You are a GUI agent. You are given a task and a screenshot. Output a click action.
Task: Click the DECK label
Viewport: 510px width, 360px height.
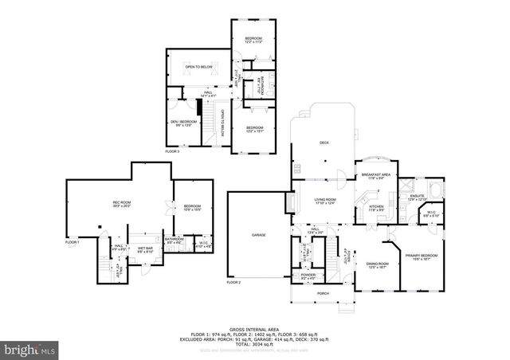(x=324, y=143)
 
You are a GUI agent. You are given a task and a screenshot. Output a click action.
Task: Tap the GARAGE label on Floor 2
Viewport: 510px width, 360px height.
(x=259, y=235)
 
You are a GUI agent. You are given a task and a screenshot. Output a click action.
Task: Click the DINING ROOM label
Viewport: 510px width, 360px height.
(x=377, y=264)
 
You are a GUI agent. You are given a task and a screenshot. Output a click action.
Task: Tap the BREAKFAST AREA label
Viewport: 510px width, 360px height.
(x=375, y=174)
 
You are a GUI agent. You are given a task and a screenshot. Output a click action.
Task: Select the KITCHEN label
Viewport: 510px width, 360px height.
(x=376, y=205)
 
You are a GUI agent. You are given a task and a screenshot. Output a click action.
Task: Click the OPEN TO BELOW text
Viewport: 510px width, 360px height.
(x=198, y=68)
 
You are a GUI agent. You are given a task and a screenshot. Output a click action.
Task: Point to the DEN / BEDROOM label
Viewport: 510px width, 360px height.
(x=182, y=121)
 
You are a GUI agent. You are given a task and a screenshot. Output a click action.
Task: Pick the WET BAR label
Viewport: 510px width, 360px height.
(x=144, y=248)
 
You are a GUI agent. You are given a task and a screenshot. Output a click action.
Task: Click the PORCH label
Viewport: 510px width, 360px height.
(x=323, y=293)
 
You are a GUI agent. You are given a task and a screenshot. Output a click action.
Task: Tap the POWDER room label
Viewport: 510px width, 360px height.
(x=307, y=274)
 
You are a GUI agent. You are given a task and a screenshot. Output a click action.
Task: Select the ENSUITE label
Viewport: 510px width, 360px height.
(x=416, y=195)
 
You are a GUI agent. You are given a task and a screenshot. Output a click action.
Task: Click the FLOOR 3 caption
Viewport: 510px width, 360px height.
(x=173, y=151)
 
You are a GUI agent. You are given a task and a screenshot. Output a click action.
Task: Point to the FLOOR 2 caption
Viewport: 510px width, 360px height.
(x=233, y=283)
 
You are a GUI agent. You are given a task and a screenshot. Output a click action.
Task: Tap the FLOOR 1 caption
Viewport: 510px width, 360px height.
(x=72, y=241)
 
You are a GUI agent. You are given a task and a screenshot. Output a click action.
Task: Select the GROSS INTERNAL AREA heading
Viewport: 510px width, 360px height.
(x=254, y=329)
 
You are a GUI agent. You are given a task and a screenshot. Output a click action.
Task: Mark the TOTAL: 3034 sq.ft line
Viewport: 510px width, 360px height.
(x=255, y=343)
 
